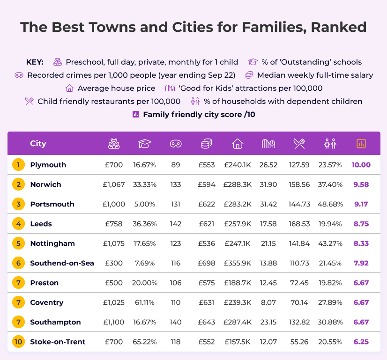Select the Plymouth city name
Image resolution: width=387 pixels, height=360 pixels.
tap(48, 165)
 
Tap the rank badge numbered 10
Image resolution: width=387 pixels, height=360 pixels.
tap(18, 342)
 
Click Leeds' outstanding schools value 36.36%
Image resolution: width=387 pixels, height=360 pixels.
tap(145, 224)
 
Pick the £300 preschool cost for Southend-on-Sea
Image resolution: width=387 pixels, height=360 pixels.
tap(113, 263)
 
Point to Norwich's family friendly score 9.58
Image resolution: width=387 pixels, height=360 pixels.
tap(361, 184)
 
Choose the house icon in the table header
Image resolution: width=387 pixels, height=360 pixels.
tap(238, 144)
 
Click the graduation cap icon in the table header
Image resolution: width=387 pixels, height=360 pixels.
tap(145, 144)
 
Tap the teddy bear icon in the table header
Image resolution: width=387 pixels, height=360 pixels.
tap(113, 144)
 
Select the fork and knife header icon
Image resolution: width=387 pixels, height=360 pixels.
tap(299, 144)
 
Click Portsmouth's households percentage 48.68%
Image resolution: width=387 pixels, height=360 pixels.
tap(330, 204)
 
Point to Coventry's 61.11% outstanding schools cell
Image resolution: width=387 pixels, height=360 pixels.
tap(145, 302)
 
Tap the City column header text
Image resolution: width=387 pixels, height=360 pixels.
tap(38, 144)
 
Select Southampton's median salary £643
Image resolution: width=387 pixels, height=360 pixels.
tap(207, 322)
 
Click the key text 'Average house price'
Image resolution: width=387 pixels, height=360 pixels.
tap(116, 88)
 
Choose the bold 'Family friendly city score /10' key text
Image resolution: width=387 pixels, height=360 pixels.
tap(199, 114)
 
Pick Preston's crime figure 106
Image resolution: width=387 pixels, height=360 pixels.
tap(176, 283)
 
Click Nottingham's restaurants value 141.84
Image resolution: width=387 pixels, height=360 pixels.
tap(299, 243)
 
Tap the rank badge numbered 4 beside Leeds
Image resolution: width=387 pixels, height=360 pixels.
tap(18, 224)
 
